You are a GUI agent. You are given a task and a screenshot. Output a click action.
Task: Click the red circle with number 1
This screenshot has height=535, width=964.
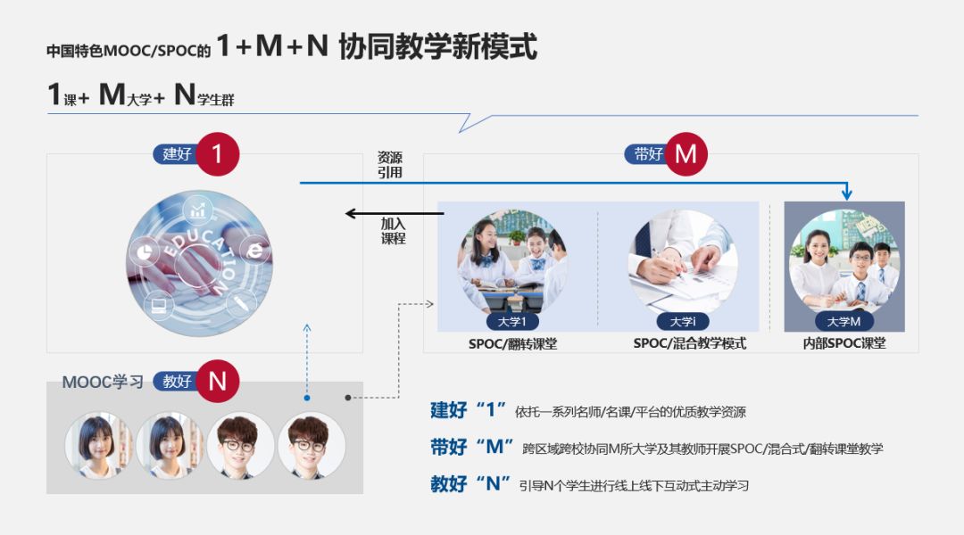point(218,153)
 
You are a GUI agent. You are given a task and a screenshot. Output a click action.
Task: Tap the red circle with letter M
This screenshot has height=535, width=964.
point(685,153)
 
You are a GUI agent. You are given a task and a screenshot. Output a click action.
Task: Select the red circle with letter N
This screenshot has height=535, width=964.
point(218,381)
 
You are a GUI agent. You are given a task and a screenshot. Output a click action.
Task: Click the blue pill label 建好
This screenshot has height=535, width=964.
point(177,153)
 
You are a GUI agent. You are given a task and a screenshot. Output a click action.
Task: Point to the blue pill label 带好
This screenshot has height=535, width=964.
point(647,153)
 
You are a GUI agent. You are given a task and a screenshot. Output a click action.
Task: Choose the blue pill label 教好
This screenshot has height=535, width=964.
point(177,381)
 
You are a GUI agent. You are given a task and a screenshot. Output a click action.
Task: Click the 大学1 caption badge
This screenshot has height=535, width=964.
point(512,322)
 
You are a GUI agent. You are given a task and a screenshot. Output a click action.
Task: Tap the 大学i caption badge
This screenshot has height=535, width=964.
point(683,322)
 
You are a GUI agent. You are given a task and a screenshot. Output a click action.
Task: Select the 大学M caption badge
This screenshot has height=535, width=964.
point(843,322)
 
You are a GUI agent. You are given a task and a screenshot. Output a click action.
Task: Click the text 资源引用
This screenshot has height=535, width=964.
point(390,164)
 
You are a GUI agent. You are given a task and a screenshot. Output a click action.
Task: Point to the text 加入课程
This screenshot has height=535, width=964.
point(394,231)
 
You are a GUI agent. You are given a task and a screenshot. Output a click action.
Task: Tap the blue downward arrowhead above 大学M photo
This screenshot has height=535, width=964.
point(847,193)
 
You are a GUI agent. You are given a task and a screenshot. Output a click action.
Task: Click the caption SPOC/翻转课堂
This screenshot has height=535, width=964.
point(512,343)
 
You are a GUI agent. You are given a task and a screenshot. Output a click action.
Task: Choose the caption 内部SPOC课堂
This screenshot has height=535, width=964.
point(844,343)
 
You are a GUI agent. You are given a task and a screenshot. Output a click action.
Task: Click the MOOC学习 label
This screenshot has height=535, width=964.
point(103,382)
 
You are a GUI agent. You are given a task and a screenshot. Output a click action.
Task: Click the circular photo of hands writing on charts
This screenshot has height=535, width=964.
point(683,260)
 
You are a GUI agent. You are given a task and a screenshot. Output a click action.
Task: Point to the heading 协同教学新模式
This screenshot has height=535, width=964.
point(437,46)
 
